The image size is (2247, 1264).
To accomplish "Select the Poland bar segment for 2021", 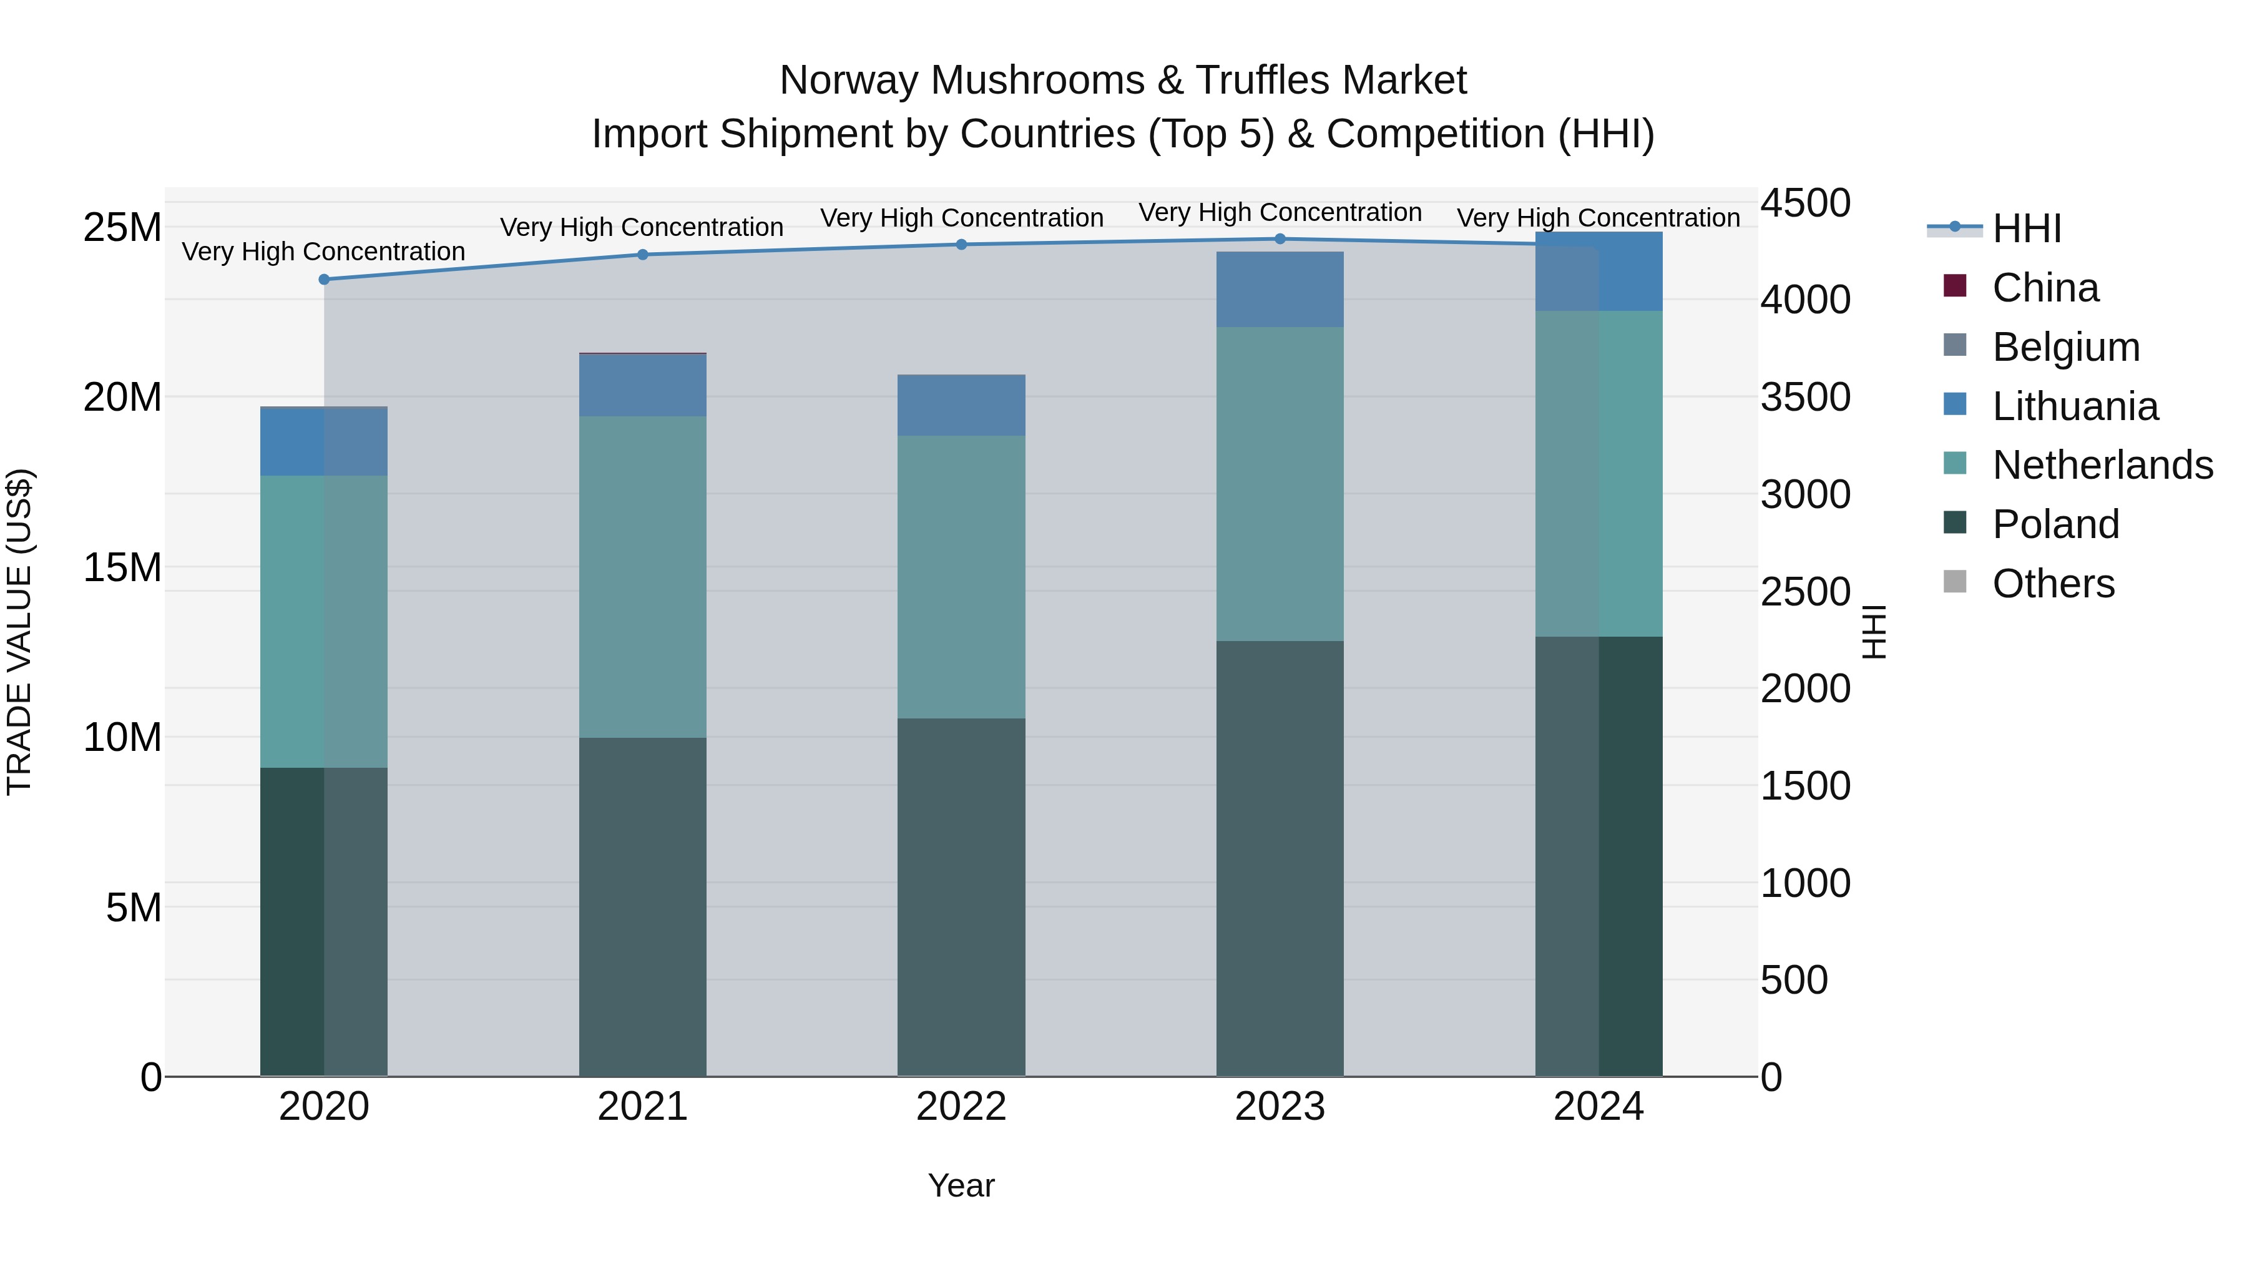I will click(642, 906).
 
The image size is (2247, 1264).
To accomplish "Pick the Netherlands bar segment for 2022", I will click(961, 577).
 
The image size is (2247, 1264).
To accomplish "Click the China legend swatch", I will click(1955, 286).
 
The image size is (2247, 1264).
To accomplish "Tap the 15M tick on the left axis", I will click(122, 567).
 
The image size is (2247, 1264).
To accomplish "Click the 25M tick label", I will click(122, 228).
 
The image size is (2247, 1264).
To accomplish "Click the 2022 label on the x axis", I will click(961, 1107).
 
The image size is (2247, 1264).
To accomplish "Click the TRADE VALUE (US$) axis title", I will click(19, 632).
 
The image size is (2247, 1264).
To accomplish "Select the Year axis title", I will click(961, 1185).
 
